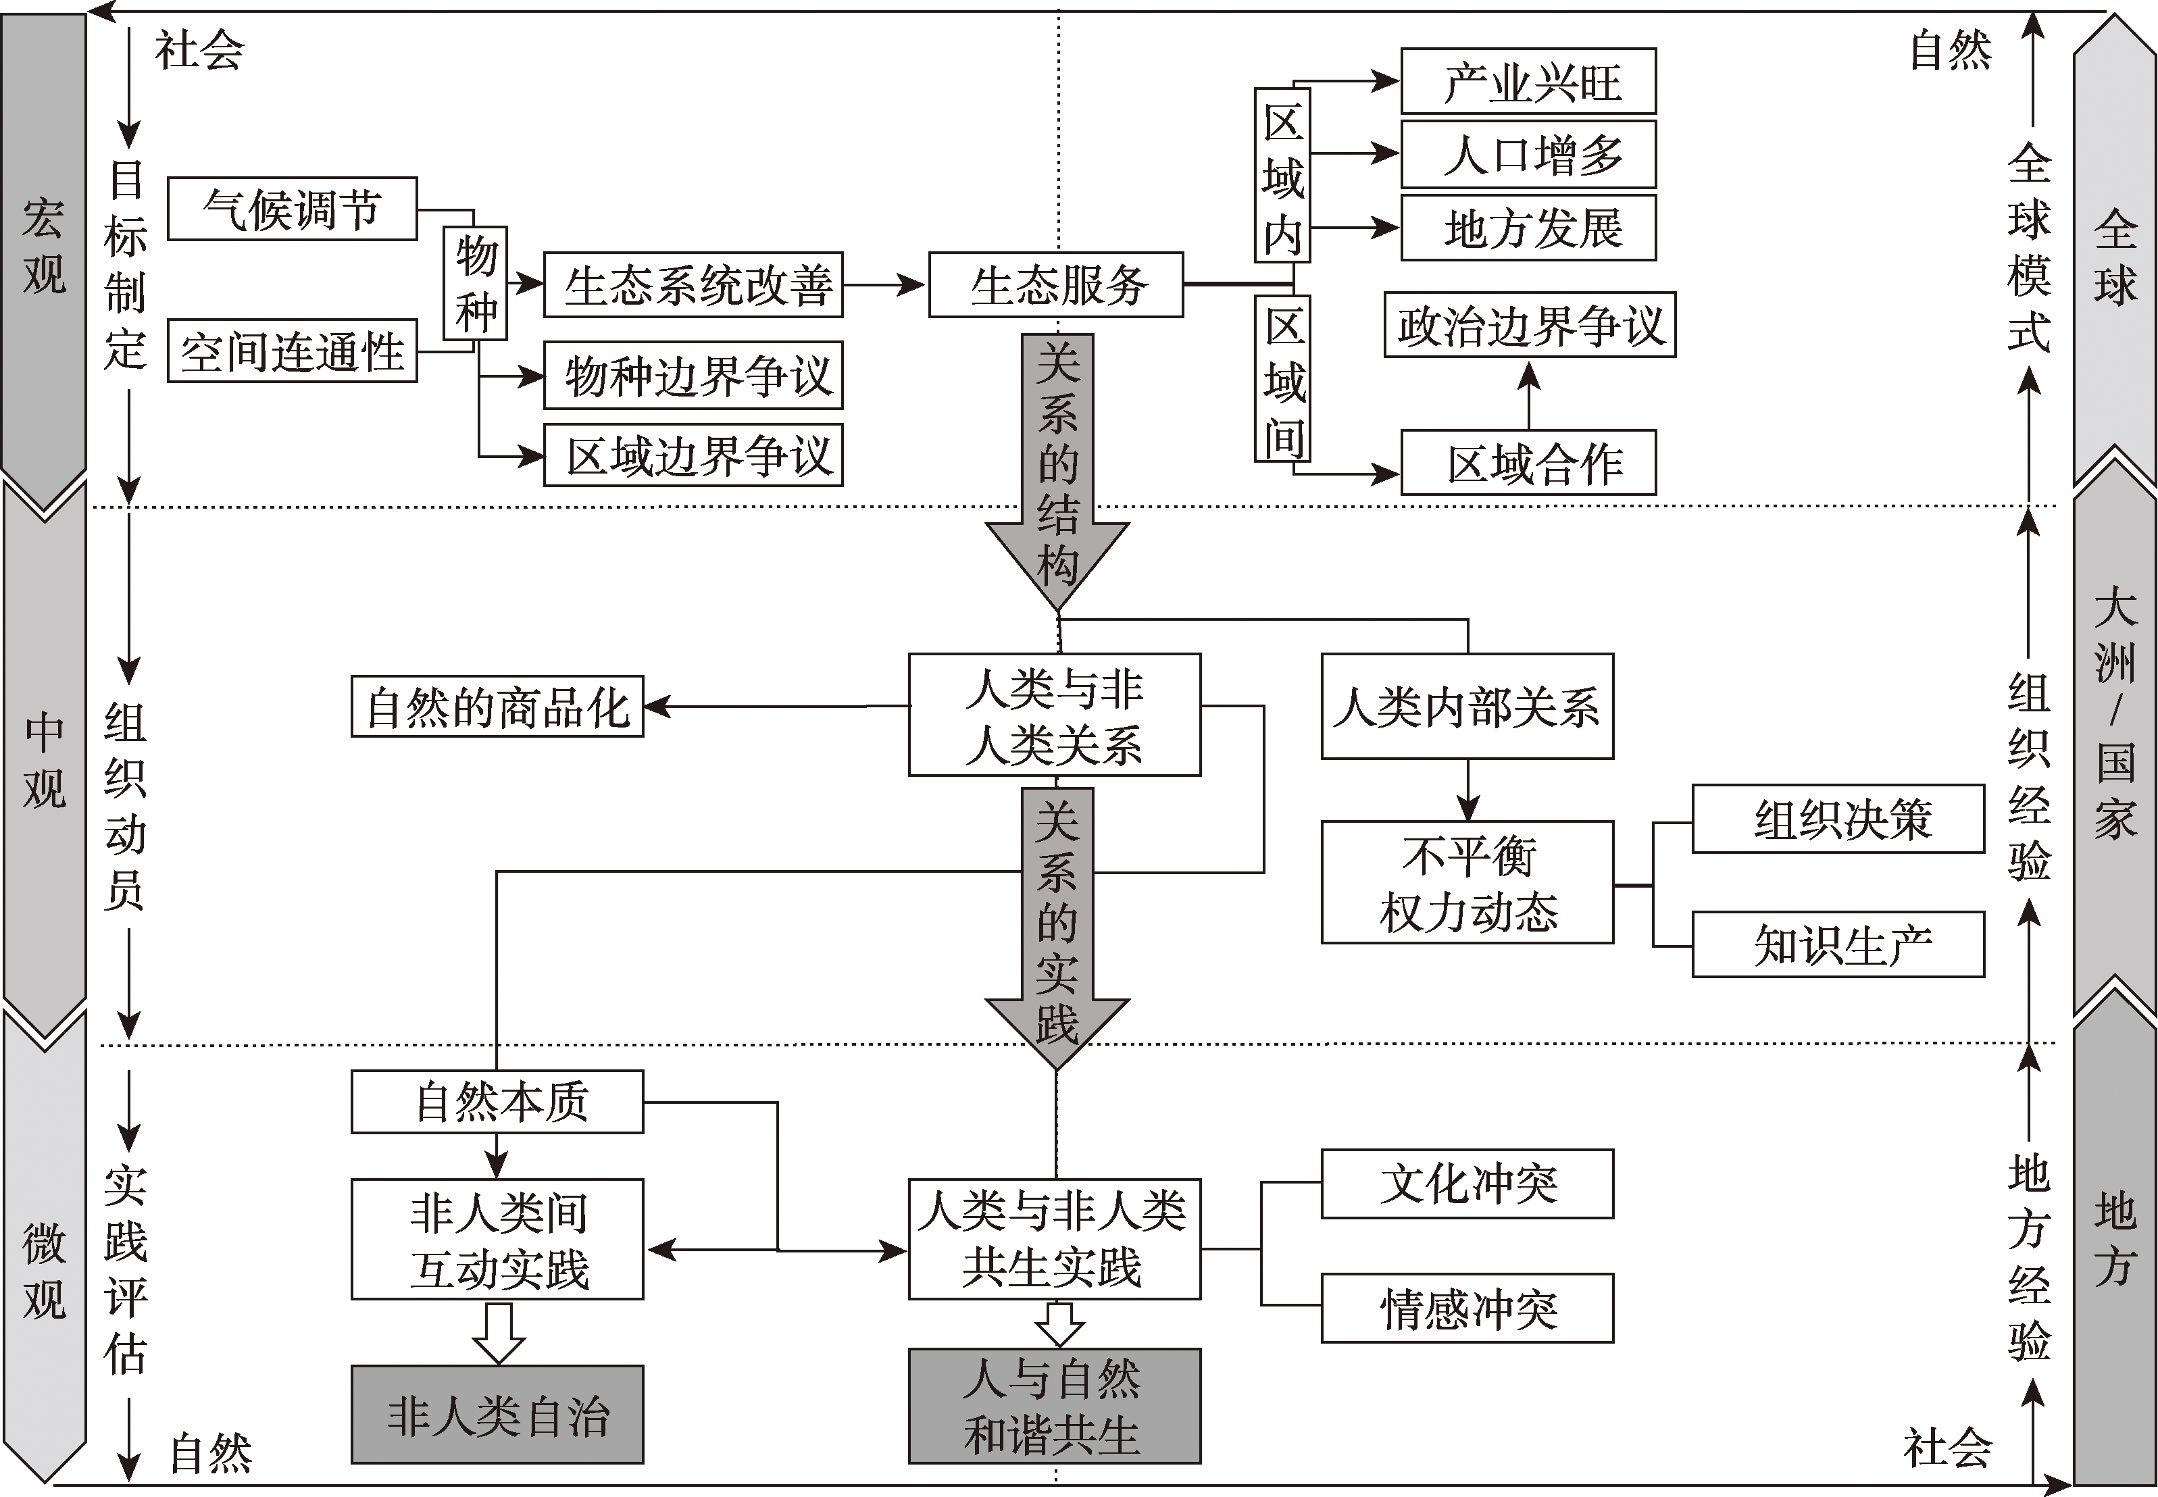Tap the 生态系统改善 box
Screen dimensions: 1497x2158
[693, 285]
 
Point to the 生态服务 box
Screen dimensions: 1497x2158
[1056, 285]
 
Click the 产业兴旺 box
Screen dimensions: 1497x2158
[1528, 82]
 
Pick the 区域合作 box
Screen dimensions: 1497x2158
[1528, 463]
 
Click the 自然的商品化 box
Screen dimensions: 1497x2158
[497, 707]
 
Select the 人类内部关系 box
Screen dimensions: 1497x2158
[1467, 707]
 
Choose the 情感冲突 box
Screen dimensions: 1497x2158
[1467, 1309]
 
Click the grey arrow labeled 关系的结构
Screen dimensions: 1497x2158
[1057, 469]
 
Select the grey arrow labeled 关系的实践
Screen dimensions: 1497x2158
[1057, 924]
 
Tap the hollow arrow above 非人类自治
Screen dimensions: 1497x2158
[498, 1333]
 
